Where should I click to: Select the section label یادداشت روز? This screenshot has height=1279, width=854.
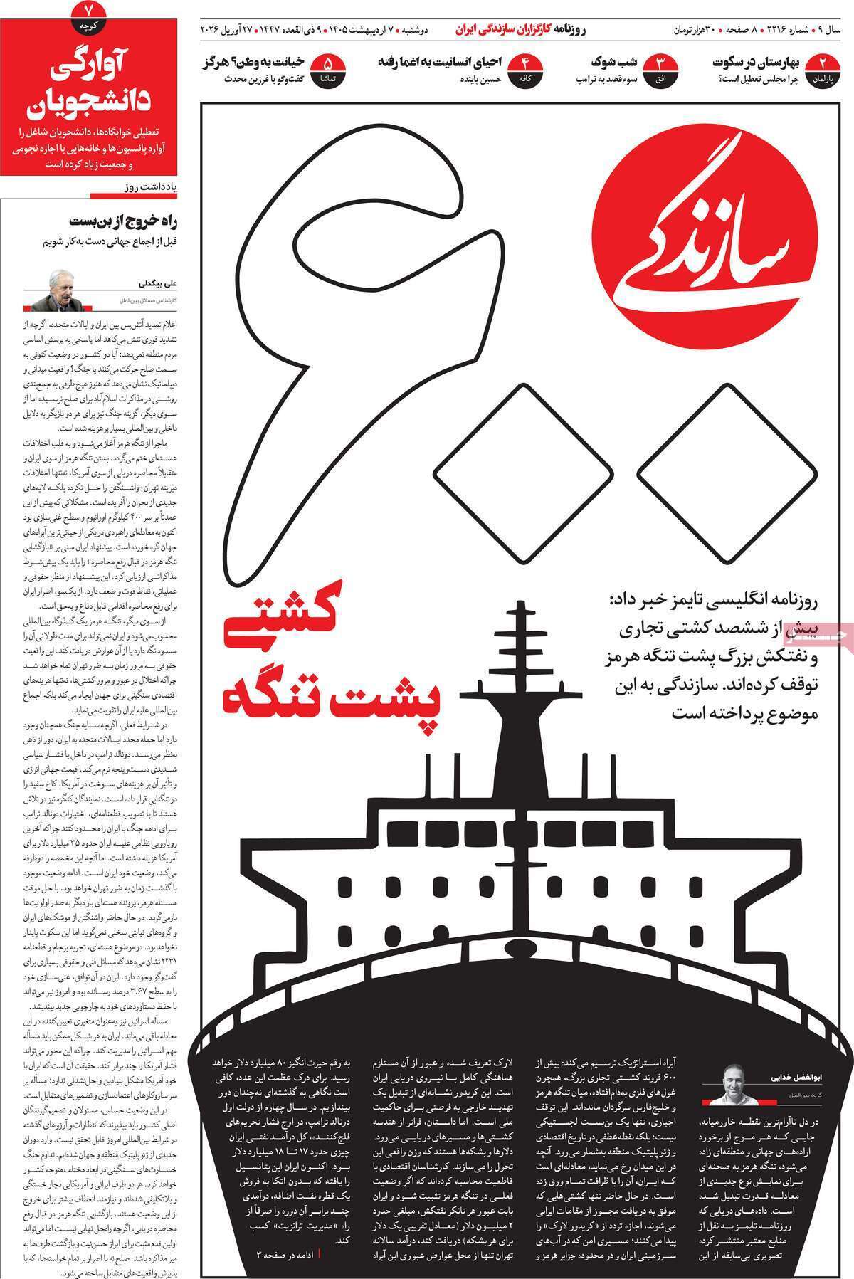(x=147, y=188)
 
